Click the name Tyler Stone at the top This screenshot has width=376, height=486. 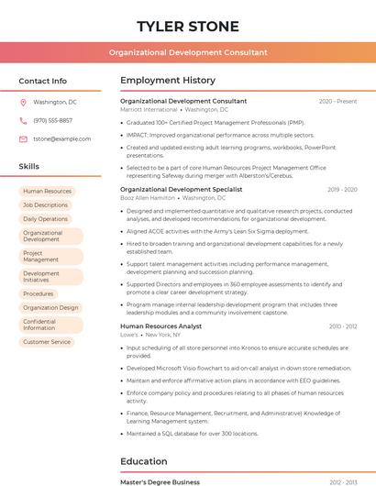pos(188,26)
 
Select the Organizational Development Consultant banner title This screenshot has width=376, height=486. pos(188,52)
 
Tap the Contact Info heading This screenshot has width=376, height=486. pos(43,81)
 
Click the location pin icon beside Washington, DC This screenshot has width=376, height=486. pos(23,103)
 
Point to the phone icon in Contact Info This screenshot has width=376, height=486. pos(23,120)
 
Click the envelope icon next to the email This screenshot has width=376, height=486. pos(23,138)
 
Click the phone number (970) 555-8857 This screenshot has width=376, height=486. pos(52,120)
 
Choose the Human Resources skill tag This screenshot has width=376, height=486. pos(47,192)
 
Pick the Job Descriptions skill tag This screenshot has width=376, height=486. pos(46,205)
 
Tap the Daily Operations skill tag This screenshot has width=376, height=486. pos(46,219)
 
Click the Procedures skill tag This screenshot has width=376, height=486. pos(39,293)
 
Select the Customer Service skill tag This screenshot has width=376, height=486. pos(47,342)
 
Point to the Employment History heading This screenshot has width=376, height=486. pos(168,81)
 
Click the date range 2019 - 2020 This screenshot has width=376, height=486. pos(341,190)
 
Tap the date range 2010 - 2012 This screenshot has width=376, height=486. pos(341,326)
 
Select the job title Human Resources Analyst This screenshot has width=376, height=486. pos(160,326)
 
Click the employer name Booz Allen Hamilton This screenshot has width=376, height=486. pos(148,198)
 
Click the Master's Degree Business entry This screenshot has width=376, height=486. pos(160,481)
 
